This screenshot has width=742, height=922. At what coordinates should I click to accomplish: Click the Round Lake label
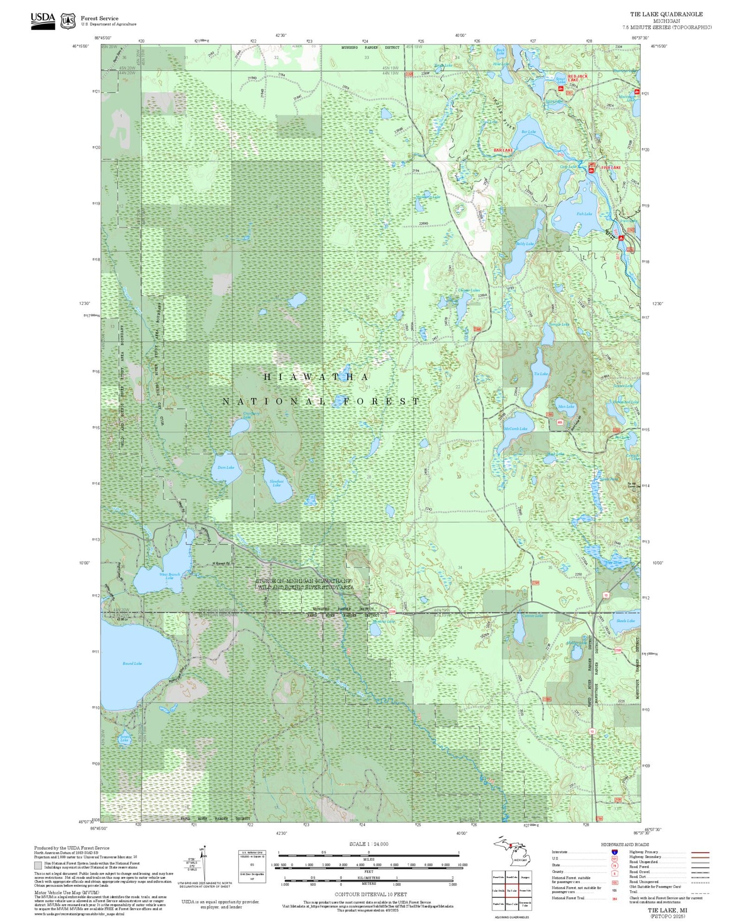[132, 663]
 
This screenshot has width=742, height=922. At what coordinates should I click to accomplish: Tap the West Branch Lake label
[169, 576]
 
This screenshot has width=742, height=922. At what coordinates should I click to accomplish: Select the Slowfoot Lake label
[277, 483]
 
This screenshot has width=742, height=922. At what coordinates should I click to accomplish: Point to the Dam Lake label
[226, 467]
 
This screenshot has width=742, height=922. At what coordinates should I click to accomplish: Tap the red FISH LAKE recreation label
[610, 168]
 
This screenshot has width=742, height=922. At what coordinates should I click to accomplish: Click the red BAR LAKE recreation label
[503, 150]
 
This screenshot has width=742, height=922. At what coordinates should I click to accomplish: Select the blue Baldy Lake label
[525, 244]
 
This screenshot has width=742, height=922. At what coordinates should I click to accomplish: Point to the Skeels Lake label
[625, 620]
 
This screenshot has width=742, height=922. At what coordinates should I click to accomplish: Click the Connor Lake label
[533, 615]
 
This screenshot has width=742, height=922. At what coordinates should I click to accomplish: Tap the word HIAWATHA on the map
[316, 377]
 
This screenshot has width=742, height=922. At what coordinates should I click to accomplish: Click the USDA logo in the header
[43, 20]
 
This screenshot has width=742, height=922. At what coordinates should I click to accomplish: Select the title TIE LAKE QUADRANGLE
[666, 14]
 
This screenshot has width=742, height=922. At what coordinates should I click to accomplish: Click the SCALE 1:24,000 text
[369, 844]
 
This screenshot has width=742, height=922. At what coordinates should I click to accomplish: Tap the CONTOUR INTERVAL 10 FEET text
[371, 894]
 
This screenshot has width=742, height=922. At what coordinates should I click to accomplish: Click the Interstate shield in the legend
[614, 852]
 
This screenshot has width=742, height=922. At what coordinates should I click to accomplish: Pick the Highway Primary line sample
[698, 853]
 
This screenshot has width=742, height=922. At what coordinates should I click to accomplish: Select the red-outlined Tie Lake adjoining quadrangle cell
[512, 890]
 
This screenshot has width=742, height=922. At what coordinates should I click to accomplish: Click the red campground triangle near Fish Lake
[622, 238]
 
